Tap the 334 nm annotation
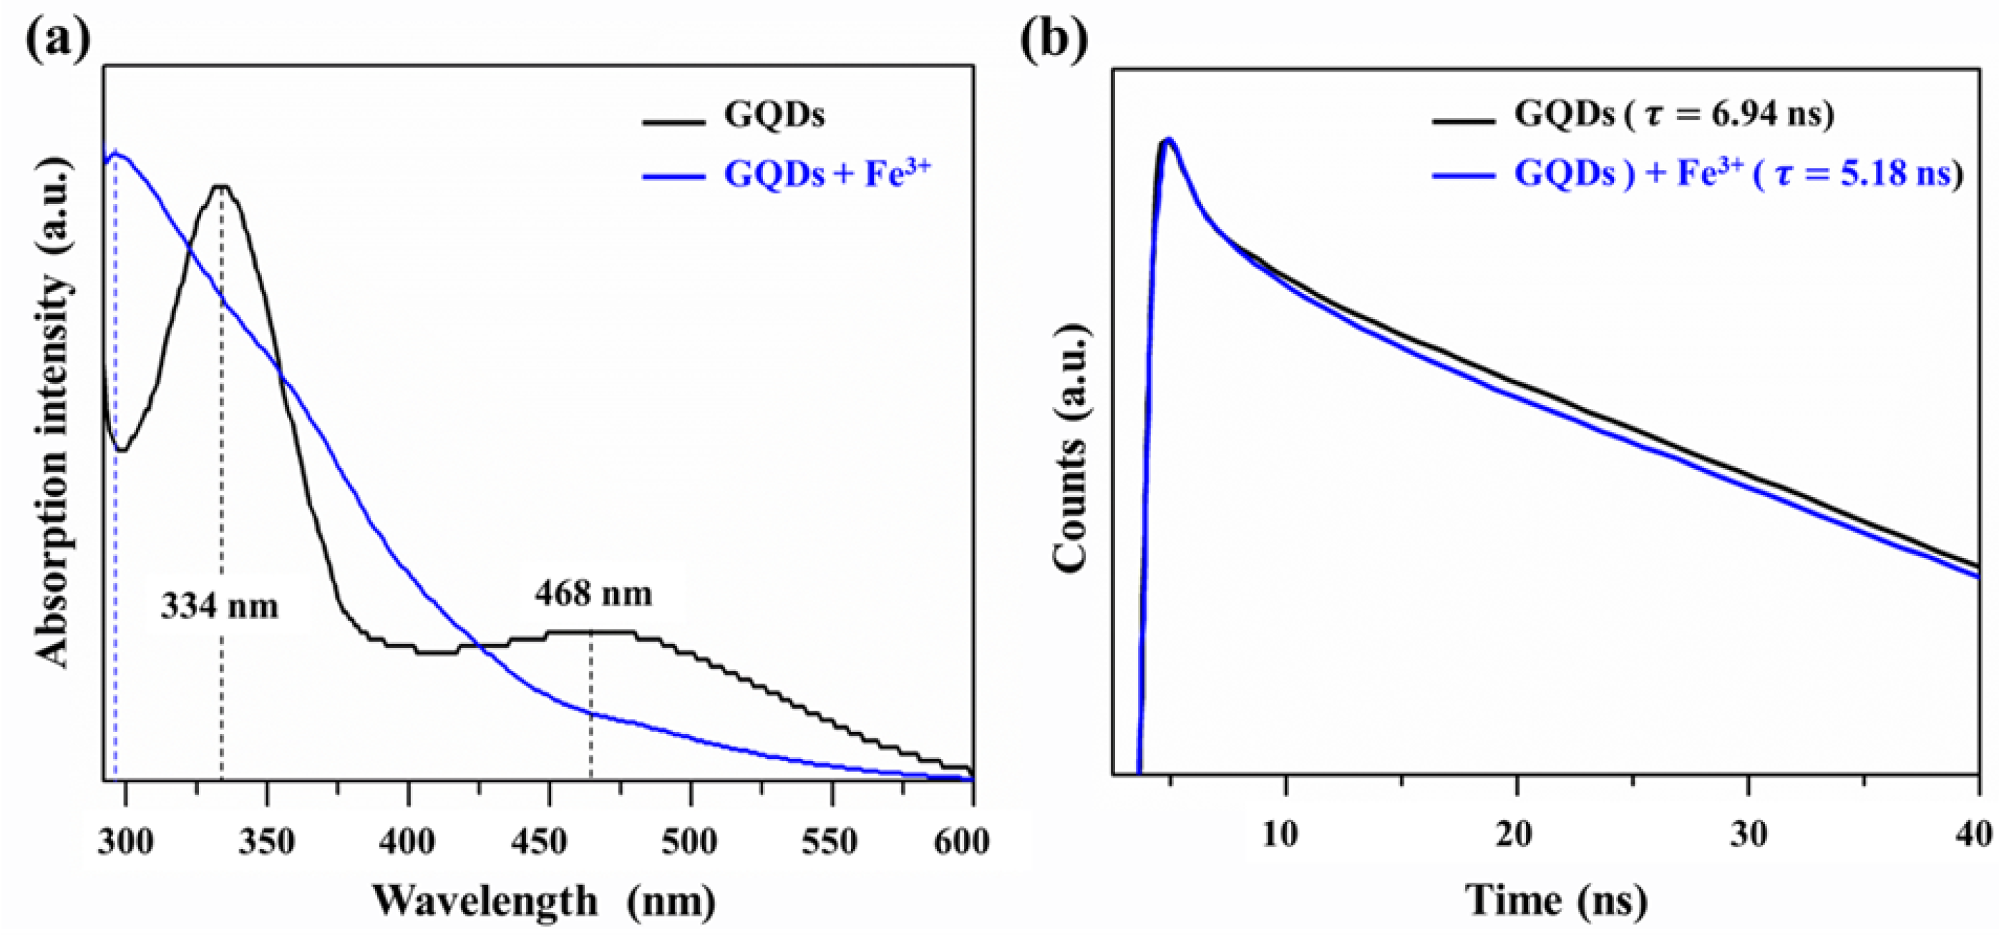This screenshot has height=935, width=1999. pyautogui.click(x=220, y=606)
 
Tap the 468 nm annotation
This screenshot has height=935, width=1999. pyautogui.click(x=593, y=594)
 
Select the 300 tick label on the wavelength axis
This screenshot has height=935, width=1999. pyautogui.click(x=125, y=841)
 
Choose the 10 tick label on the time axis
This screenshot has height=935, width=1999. pyautogui.click(x=1279, y=835)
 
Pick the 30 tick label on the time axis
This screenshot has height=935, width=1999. pyautogui.click(x=1749, y=835)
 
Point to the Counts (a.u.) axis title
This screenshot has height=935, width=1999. pyautogui.click(x=1071, y=450)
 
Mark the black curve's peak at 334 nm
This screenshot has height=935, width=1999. pyautogui.click(x=222, y=186)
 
